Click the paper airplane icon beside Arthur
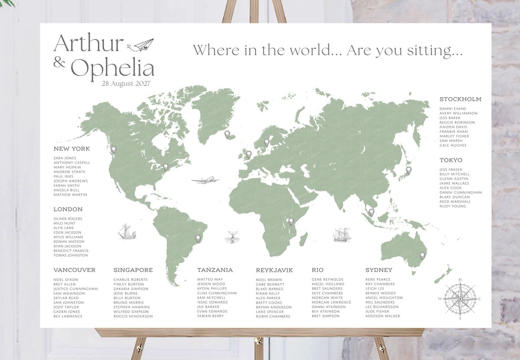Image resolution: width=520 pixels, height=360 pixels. (143, 45)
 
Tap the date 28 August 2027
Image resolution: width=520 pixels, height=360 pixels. (126, 84)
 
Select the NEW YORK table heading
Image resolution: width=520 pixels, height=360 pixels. (71, 149)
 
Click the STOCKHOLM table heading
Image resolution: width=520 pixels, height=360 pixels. (460, 99)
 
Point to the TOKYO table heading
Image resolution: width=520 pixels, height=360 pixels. (451, 160)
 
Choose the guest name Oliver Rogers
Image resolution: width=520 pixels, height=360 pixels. (68, 219)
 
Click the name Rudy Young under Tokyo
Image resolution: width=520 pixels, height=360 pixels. (453, 206)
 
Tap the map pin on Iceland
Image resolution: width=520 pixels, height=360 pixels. (227, 134)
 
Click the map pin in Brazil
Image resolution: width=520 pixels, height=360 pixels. (198, 238)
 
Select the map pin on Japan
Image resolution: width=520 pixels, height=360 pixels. (408, 170)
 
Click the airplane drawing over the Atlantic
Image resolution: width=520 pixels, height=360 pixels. (205, 180)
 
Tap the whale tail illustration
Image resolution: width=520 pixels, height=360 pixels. (231, 237)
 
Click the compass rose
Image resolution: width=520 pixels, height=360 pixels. (460, 298)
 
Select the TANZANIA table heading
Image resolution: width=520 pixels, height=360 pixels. (215, 270)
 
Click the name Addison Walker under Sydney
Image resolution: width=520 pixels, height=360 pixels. (383, 316)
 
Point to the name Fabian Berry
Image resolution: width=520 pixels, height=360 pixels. (210, 316)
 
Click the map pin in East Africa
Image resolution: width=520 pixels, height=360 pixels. (291, 222)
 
